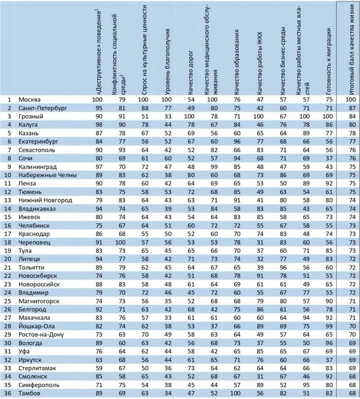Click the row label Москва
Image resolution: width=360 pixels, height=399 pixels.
tap(30, 100)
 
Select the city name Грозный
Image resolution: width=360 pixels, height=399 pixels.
tap(31, 116)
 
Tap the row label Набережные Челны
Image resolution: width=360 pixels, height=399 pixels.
tap(43, 175)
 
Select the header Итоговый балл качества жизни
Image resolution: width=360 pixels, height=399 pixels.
tap(351, 48)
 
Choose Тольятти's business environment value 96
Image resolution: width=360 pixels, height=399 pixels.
tap(283, 267)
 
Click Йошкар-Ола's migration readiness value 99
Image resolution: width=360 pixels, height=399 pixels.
tap(329, 326)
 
